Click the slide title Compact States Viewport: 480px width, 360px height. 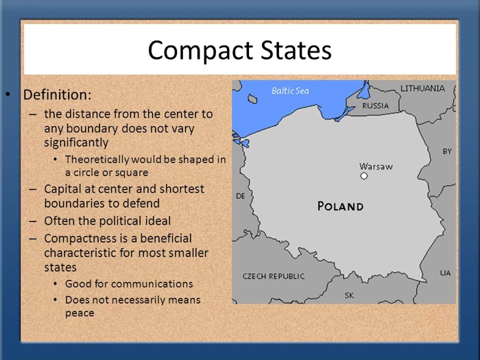point(239,50)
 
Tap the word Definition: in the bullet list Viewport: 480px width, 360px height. point(57,95)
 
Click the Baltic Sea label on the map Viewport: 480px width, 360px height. point(290,91)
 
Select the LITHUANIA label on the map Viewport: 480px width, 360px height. point(422,88)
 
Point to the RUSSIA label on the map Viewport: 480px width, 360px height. point(375,106)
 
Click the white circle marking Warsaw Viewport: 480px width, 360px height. point(364,176)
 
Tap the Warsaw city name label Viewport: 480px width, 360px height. point(376,166)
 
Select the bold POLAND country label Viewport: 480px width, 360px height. point(340,206)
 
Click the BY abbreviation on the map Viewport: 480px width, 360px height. point(447,151)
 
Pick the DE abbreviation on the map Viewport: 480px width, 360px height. point(240,196)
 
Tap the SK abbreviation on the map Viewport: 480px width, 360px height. point(349,295)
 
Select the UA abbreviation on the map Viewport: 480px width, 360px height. point(445,273)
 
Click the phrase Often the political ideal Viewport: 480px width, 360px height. point(107,221)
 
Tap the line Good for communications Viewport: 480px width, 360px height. point(129,283)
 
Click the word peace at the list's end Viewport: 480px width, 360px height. point(79,313)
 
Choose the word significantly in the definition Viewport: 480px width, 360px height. point(76,143)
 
